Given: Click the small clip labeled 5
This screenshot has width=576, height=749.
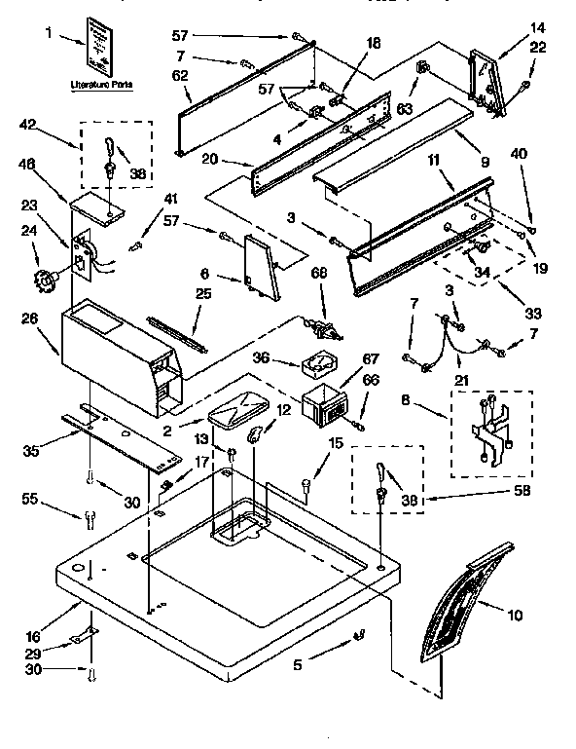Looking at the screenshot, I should coord(358,636).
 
